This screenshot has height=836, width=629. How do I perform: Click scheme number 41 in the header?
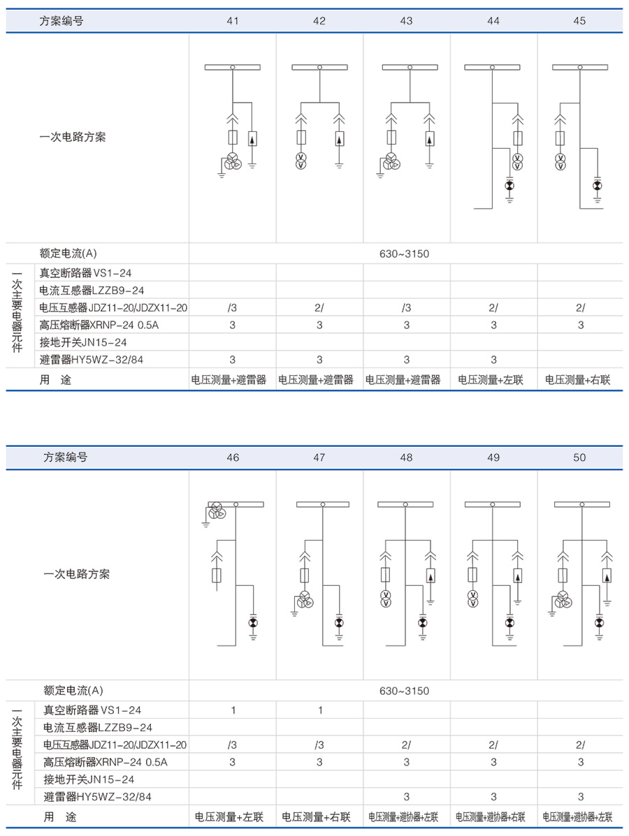click(233, 21)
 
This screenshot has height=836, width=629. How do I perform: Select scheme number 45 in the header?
click(579, 21)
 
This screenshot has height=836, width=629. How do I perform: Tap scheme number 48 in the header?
click(406, 457)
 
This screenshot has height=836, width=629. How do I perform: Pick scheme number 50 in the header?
click(579, 457)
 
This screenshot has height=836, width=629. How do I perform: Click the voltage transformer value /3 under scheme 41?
click(232, 307)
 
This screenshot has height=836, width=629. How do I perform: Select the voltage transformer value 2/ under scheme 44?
click(493, 307)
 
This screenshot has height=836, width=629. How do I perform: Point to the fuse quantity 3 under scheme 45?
click(580, 325)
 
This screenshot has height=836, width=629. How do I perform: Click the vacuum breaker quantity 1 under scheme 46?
click(233, 710)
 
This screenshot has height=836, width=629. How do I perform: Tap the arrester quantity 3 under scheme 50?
click(580, 797)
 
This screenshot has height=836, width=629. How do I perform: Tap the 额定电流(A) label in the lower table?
click(73, 691)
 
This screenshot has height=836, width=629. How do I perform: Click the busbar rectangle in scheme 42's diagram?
click(319, 67)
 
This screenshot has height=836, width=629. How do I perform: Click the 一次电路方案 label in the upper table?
click(73, 137)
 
